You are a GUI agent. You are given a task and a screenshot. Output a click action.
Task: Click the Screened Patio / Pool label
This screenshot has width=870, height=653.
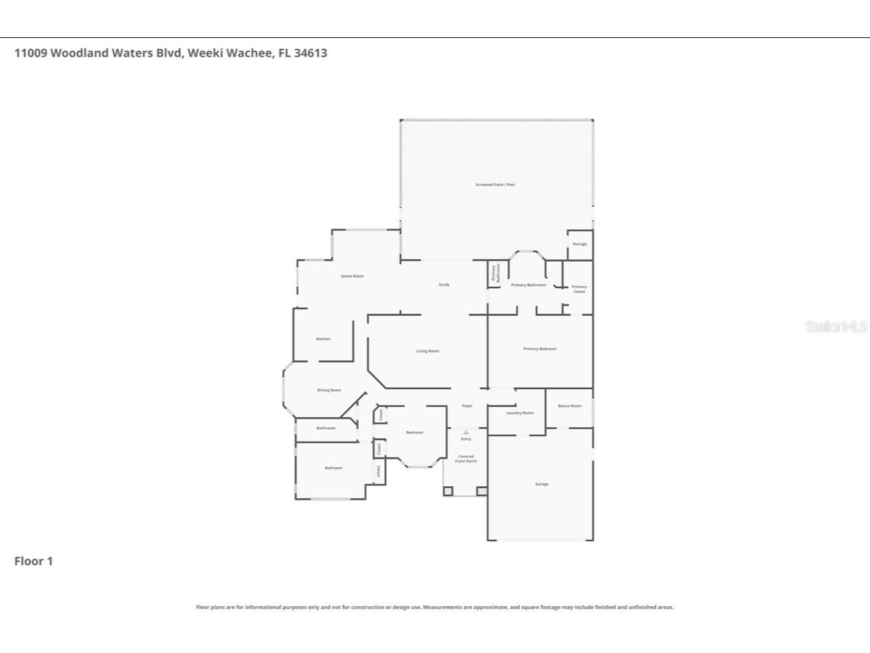(x=495, y=184)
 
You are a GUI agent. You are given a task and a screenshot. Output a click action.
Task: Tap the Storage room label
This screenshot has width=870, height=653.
(x=579, y=243)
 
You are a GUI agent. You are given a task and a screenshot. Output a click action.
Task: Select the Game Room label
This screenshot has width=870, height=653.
(x=352, y=276)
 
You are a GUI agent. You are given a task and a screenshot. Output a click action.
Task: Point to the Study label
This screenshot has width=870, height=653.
(x=444, y=284)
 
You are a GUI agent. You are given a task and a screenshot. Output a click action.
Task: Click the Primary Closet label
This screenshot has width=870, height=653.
(x=579, y=289)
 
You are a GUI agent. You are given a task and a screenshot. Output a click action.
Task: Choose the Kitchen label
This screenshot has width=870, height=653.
(x=323, y=338)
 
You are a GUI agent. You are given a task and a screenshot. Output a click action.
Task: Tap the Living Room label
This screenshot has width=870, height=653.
(x=428, y=351)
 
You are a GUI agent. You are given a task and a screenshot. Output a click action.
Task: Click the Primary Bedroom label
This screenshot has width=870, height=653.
(x=539, y=349)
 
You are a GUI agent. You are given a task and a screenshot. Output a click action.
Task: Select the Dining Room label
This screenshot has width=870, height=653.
(x=329, y=390)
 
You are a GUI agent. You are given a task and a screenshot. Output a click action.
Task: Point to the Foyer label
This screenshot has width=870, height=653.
(x=467, y=405)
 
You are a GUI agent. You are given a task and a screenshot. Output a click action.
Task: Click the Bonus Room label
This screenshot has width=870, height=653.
(x=569, y=405)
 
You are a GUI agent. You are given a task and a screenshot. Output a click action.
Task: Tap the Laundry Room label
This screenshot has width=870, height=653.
(x=520, y=412)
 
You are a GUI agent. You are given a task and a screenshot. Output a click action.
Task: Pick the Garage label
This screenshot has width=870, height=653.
(x=541, y=483)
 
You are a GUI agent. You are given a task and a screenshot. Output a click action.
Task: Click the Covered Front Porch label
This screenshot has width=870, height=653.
(x=465, y=458)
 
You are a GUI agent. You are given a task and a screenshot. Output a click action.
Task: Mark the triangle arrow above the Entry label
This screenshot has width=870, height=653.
(x=465, y=432)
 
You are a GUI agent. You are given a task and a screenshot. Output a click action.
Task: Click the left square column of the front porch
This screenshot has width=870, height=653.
(x=448, y=490)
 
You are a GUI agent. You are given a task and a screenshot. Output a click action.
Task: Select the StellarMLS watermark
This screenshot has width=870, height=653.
(x=835, y=326)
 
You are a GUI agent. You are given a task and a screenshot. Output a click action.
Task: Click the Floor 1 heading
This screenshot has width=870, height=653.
(x=33, y=561)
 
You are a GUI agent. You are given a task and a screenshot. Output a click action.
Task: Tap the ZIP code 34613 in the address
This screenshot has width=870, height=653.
(x=310, y=53)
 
